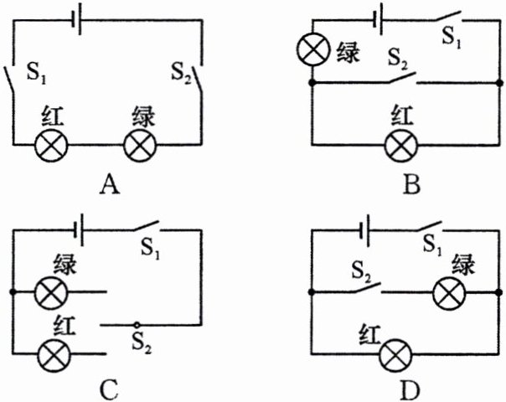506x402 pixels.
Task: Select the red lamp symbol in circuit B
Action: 401,145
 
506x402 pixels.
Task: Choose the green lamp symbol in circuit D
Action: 448,293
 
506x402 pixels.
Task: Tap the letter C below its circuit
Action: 106,388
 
